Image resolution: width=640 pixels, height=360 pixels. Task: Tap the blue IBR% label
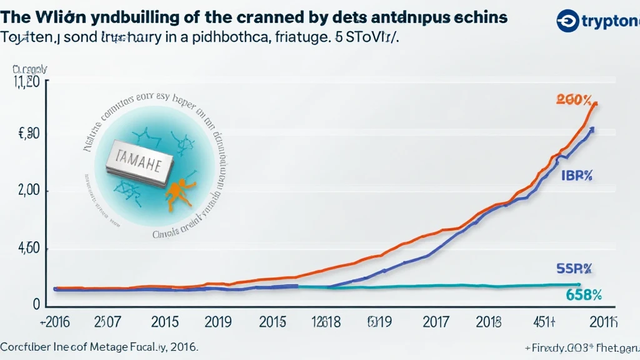pos(576,176)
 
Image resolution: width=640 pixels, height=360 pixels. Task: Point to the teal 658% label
pos(583,295)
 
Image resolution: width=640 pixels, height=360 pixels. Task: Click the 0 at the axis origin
pos(36,304)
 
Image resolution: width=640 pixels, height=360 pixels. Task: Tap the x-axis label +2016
pos(54,323)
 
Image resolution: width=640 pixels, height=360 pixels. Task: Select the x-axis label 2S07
pos(107,323)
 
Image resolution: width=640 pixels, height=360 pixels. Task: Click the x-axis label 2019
pos(218,323)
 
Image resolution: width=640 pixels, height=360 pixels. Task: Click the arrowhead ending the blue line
pos(591,129)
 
